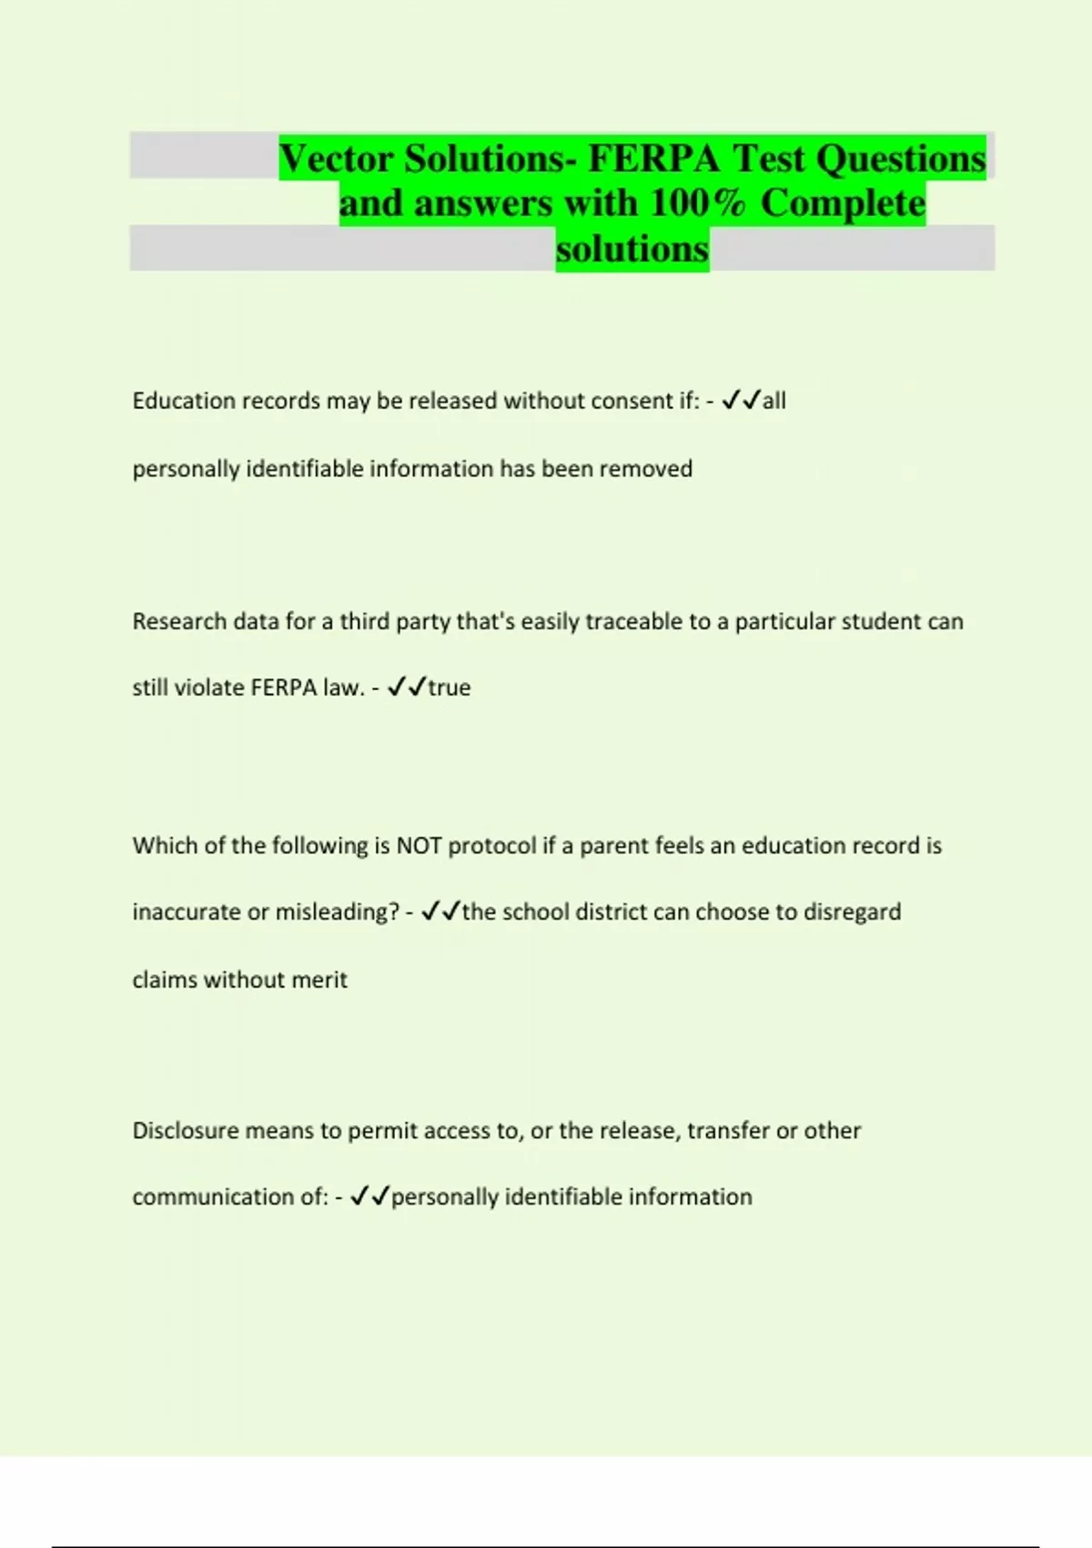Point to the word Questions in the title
(900, 159)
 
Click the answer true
(450, 688)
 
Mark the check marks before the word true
(407, 688)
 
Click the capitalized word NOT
(419, 846)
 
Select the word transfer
(727, 1131)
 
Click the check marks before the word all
(741, 402)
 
